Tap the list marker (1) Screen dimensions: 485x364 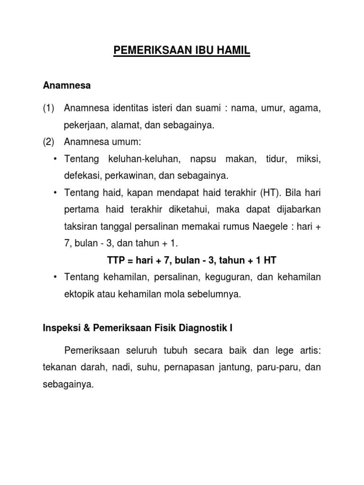49,109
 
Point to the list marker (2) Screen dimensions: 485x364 49,142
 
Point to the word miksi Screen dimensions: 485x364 309,159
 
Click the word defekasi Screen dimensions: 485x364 81,176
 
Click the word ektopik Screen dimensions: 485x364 79,294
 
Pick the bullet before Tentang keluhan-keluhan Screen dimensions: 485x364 55,159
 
